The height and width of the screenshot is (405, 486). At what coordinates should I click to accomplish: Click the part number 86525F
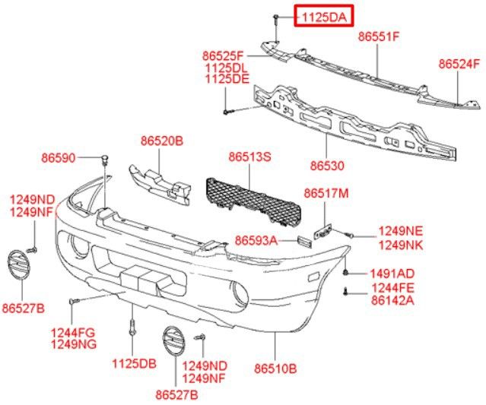(223, 55)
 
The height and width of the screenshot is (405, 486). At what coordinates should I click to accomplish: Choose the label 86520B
(162, 141)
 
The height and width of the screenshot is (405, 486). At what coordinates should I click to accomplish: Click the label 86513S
(249, 157)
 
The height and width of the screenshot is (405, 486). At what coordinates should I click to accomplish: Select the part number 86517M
(326, 194)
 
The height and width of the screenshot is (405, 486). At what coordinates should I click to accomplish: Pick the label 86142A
(392, 300)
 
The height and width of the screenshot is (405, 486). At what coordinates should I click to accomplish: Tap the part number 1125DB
(134, 363)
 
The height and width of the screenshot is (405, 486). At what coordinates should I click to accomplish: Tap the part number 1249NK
(401, 244)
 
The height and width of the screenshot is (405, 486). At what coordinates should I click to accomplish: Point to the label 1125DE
(227, 78)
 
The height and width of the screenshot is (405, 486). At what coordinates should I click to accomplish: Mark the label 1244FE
(392, 288)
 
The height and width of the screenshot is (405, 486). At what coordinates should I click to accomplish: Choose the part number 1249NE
(401, 231)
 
